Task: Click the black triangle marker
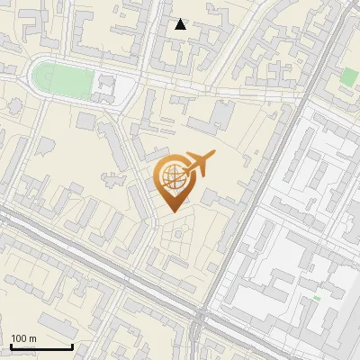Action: (x=181, y=24)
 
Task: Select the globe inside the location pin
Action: (x=172, y=175)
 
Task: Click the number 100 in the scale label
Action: (x=19, y=338)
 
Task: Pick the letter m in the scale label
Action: (x=32, y=338)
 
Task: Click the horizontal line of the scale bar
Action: (x=40, y=346)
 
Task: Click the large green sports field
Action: (x=65, y=80)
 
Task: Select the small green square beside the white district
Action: (x=350, y=76)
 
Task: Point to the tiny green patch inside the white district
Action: (x=317, y=298)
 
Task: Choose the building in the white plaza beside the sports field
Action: (x=106, y=87)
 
